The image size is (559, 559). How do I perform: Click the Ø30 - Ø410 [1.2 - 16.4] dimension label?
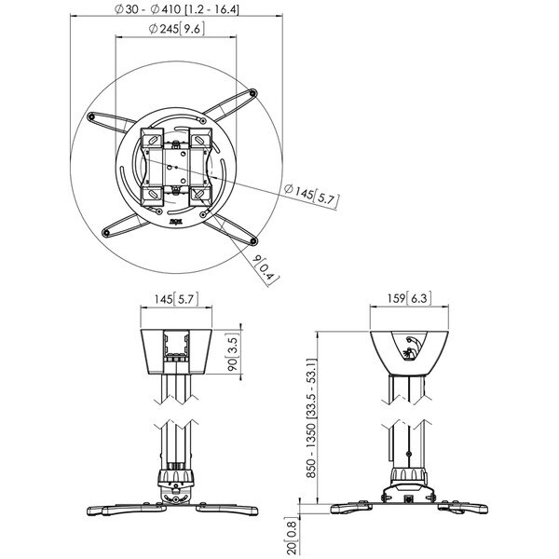click(177, 9)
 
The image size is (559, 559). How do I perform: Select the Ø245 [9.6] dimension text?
click(177, 29)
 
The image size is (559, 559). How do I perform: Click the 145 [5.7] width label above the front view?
click(176, 299)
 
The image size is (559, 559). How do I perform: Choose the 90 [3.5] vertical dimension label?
click(233, 352)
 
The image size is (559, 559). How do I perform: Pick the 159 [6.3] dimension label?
click(409, 298)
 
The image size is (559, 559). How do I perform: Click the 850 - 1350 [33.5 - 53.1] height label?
click(311, 418)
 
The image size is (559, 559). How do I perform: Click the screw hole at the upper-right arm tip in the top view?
click(253, 94)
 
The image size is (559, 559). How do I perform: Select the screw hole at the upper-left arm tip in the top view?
click(91, 116)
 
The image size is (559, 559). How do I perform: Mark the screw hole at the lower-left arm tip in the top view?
click(105, 233)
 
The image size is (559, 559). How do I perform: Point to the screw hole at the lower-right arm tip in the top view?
click(253, 241)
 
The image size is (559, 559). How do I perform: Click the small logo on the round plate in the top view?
click(176, 222)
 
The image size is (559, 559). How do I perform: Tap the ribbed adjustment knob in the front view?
click(176, 476)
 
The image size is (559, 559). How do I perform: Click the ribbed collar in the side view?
click(409, 476)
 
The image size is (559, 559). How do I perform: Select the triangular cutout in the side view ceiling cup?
click(410, 346)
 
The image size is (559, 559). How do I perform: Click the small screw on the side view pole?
click(408, 454)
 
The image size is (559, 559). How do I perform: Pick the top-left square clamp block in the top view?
click(152, 138)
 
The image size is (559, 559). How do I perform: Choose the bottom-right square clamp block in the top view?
click(200, 196)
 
